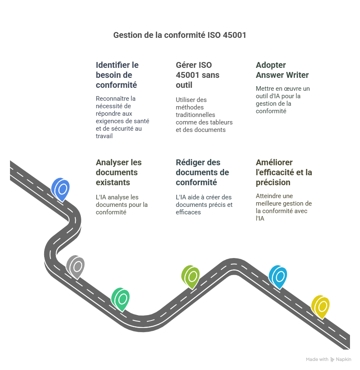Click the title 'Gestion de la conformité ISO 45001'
180,35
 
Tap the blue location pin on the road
61,189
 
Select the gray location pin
76,266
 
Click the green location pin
121,298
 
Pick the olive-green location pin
191,276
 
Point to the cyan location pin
278,276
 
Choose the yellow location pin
321,306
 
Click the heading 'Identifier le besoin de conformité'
117,75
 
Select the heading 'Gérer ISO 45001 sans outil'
197,75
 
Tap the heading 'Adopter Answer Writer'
282,70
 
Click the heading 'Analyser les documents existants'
119,172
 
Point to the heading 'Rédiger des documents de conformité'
202,172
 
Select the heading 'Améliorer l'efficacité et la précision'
284,172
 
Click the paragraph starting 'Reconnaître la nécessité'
122,117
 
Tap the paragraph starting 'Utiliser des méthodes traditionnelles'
204,114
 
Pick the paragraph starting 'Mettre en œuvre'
282,100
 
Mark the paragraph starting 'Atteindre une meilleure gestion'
283,207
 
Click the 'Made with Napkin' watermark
328,359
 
